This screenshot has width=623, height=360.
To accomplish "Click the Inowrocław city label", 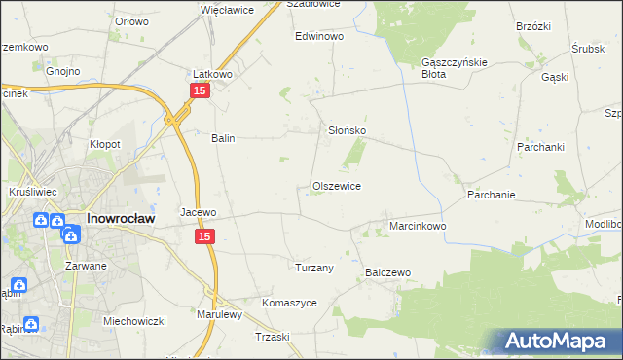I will point(116,219).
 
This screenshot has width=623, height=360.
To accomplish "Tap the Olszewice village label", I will point(337,186).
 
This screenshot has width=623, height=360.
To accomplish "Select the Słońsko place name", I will point(346,129).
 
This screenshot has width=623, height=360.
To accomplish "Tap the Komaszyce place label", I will point(289,303).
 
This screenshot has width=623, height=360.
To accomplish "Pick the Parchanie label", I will point(491,194).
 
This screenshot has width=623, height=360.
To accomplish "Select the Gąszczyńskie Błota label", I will point(447,67).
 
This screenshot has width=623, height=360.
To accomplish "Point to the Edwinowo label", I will point(320,36).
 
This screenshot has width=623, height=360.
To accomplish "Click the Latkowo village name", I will point(210,74).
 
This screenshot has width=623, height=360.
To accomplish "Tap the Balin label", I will point(224,138).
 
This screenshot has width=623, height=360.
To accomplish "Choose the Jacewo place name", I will point(198,211).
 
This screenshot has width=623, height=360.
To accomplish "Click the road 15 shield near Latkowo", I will point(199,90).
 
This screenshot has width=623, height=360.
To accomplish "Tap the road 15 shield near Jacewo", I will point(204,236).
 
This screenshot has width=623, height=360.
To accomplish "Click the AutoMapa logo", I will point(559,341).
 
